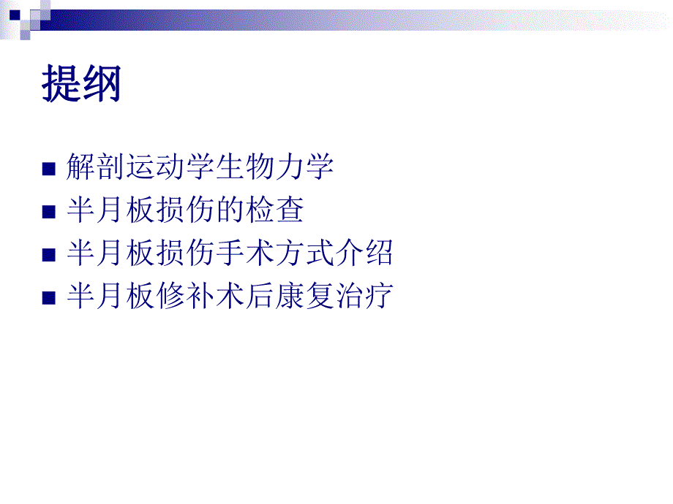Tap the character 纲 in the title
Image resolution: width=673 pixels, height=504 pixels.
coord(102,84)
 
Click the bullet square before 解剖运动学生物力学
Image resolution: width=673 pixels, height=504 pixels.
coord(49,169)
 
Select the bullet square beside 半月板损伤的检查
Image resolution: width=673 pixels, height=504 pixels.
coord(49,213)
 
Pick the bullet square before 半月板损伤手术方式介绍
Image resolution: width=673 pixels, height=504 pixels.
coord(49,255)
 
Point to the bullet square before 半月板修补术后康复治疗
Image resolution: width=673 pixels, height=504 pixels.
coord(49,298)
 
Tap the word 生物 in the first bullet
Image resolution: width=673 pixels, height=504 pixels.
coord(245,167)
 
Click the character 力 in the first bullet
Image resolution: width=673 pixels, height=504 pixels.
coord(291,167)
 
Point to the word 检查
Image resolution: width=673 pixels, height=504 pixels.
coord(275,210)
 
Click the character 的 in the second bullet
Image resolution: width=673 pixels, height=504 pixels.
coord(230,210)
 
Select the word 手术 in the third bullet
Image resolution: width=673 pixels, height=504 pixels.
coord(245,253)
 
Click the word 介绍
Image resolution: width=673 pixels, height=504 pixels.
coord(366,253)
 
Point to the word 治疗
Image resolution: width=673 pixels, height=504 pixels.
coord(366,297)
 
